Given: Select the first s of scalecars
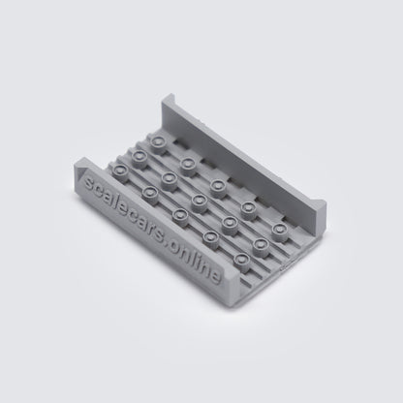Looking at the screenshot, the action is pos(87,184).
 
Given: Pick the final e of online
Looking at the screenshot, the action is pos(215,277).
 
